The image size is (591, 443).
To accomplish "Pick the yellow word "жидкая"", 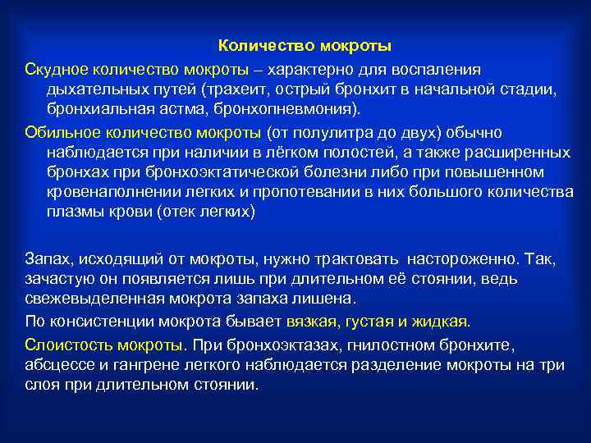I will tap(441, 321).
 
